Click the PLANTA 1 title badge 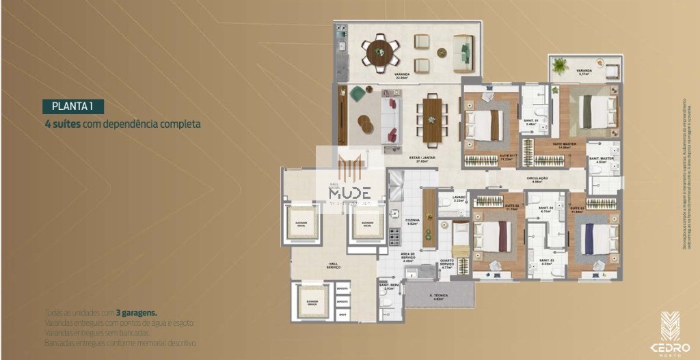[x=72, y=106]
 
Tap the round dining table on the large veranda [x=382, y=53]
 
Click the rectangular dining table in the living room [x=431, y=120]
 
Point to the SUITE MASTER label [x=564, y=144]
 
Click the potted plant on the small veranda [x=561, y=66]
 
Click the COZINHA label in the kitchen [x=412, y=220]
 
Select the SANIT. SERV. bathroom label [x=389, y=288]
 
